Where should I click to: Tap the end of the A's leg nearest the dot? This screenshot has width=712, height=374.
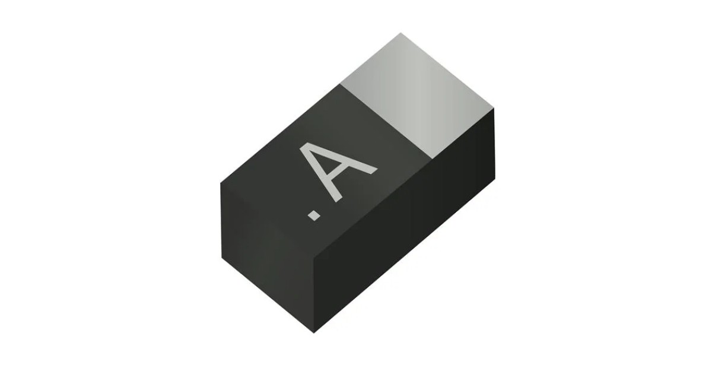(339, 199)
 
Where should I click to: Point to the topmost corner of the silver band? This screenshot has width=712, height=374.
(401, 33)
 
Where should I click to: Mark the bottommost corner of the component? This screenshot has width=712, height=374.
(315, 332)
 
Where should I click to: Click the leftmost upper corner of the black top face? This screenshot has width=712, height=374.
(221, 183)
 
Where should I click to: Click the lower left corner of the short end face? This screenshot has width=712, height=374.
(223, 258)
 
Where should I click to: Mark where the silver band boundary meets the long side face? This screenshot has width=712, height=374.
(431, 159)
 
